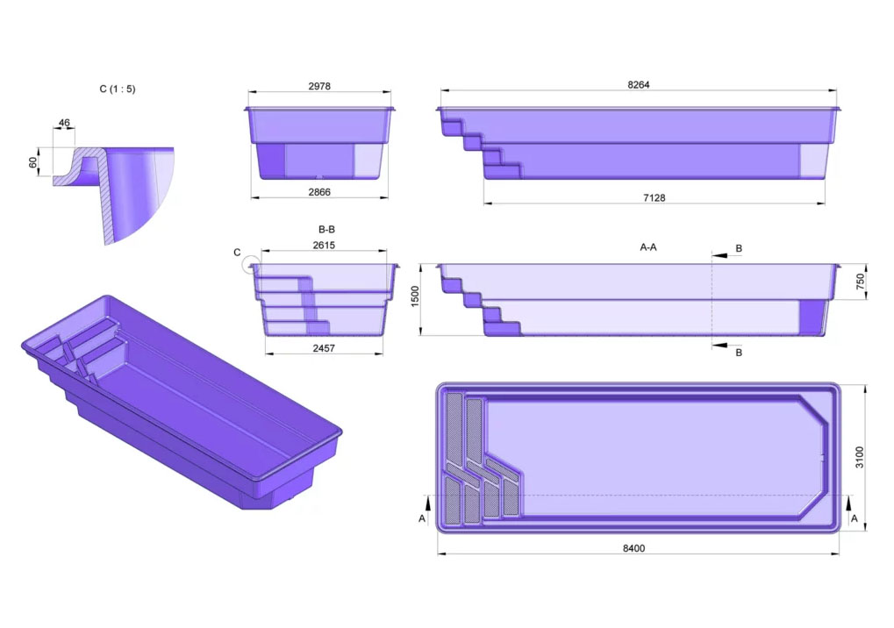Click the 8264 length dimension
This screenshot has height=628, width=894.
tap(638, 85)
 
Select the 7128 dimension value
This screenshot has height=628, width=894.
tap(654, 197)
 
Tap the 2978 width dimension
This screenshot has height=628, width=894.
tap(319, 86)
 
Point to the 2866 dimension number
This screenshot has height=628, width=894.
tap(319, 192)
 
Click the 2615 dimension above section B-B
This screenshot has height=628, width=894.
tap(324, 245)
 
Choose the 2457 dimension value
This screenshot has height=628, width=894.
tap(324, 347)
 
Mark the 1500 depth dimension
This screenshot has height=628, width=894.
tap(415, 296)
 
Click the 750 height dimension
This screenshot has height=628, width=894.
tap(861, 282)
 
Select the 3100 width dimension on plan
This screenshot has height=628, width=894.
tap(860, 458)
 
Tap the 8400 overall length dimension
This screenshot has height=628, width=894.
tap(633, 548)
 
